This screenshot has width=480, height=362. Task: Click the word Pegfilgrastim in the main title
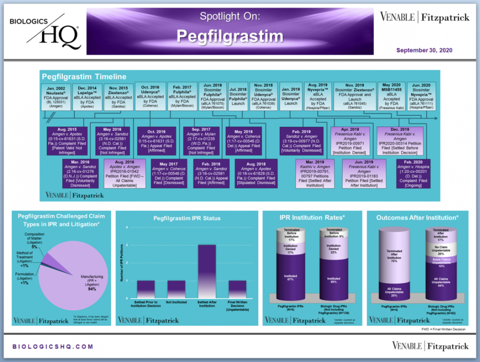coord(229,36)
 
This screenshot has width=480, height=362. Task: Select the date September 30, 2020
coord(424,50)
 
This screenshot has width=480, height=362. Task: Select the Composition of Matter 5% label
coord(34,240)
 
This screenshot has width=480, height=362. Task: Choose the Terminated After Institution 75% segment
coord(393,256)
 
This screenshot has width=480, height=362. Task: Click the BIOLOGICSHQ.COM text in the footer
coord(53,346)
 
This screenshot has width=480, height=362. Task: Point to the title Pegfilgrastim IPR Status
coord(187,218)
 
